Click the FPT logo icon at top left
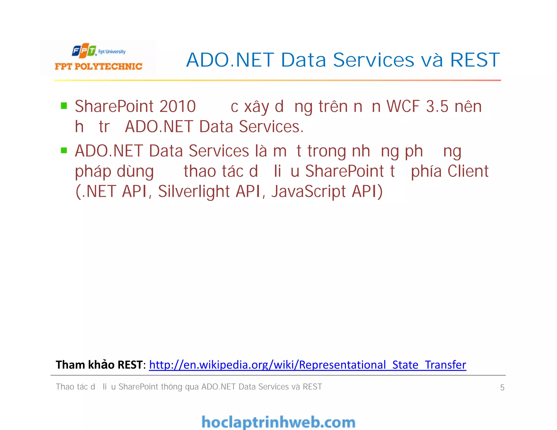point(84,51)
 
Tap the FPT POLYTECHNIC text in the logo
point(98,66)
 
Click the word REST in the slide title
point(475,60)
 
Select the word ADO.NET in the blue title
point(230,60)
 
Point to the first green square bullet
point(64,106)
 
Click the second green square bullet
point(64,150)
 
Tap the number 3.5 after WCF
point(437,106)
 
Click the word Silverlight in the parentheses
point(194,191)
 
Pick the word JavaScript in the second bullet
point(308,191)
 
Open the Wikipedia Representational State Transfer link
point(307,365)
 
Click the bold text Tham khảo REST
point(99,365)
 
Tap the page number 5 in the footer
point(502,387)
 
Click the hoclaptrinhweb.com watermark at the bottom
point(278,422)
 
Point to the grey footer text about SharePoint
point(189,387)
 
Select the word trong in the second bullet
point(326,151)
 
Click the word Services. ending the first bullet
point(271,127)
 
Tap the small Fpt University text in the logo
point(112,51)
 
